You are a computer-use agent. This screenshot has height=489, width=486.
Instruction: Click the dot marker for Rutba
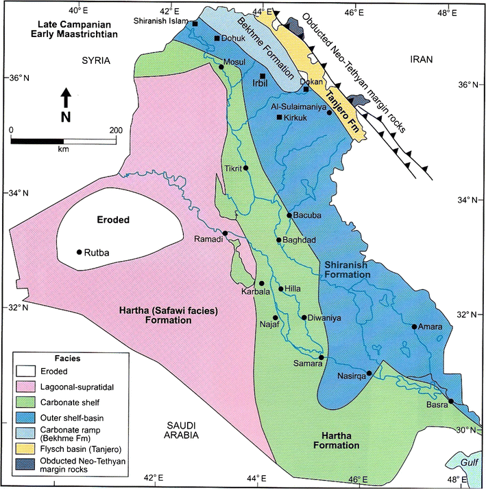(x=80, y=252)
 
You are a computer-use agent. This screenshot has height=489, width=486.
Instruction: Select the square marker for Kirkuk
(x=279, y=117)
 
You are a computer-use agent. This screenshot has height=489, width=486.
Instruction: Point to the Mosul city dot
(x=221, y=67)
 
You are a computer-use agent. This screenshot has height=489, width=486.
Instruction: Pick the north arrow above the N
(x=66, y=96)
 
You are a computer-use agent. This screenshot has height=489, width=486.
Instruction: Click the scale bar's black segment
(x=37, y=141)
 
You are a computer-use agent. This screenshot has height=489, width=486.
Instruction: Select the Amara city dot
(x=414, y=326)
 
